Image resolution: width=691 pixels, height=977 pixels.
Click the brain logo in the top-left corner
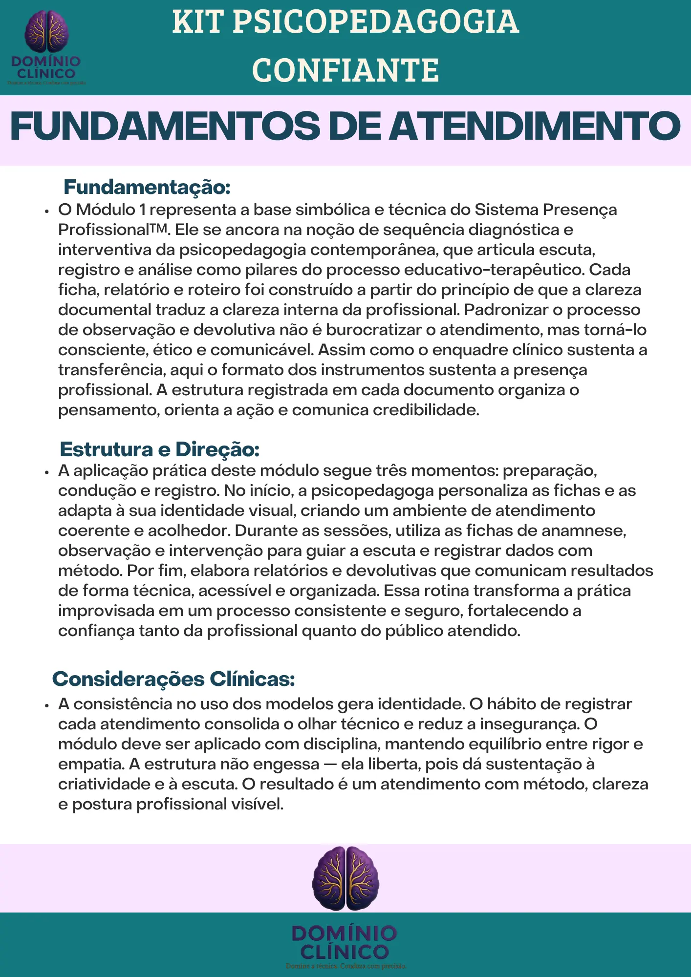point(47,31)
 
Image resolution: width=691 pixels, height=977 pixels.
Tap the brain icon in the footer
point(345,878)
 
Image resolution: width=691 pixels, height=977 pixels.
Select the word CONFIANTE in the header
point(345,70)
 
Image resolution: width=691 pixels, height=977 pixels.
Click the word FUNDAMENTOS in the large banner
point(165,127)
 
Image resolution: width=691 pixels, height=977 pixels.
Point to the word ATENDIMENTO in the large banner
point(535,127)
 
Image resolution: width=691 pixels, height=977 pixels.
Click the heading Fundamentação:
point(147,187)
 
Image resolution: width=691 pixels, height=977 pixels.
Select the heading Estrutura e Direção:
point(159,449)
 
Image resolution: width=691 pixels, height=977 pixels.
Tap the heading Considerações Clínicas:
point(173,679)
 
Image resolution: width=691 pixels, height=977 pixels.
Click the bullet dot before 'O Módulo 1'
point(47,212)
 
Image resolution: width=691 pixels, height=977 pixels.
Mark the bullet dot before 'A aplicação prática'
point(47,472)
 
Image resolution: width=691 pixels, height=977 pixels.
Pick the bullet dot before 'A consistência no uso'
point(47,706)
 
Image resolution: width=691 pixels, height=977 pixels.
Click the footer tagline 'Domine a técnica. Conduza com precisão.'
point(345,966)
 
